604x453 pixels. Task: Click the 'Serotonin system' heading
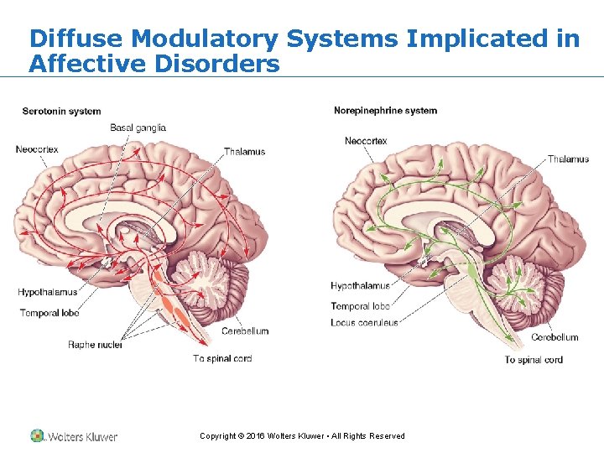tap(61, 111)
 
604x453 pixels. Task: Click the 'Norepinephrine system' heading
tap(385, 111)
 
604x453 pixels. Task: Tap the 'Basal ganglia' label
tap(138, 128)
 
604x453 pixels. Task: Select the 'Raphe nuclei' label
tap(95, 345)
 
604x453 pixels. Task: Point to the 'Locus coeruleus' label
tap(364, 322)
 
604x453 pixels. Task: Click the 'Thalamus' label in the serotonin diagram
tap(244, 152)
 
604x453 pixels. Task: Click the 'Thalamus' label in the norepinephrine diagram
tap(568, 159)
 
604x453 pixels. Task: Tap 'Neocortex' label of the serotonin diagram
tap(37, 149)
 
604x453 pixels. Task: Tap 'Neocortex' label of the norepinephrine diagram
tap(366, 141)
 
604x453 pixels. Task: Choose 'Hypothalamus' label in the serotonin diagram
tap(47, 293)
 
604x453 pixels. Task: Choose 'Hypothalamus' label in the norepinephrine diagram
tap(360, 286)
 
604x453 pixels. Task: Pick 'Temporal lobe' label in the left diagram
tap(49, 313)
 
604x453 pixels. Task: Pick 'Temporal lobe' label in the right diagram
tap(360, 306)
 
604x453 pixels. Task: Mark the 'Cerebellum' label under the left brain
tap(245, 331)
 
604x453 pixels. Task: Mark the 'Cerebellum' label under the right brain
tap(555, 337)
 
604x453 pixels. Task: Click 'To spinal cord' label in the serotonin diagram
tap(222, 358)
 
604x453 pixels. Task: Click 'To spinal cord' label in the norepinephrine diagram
tap(534, 360)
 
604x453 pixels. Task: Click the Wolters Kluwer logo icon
tap(37, 436)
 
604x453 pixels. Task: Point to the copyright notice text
tap(302, 436)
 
